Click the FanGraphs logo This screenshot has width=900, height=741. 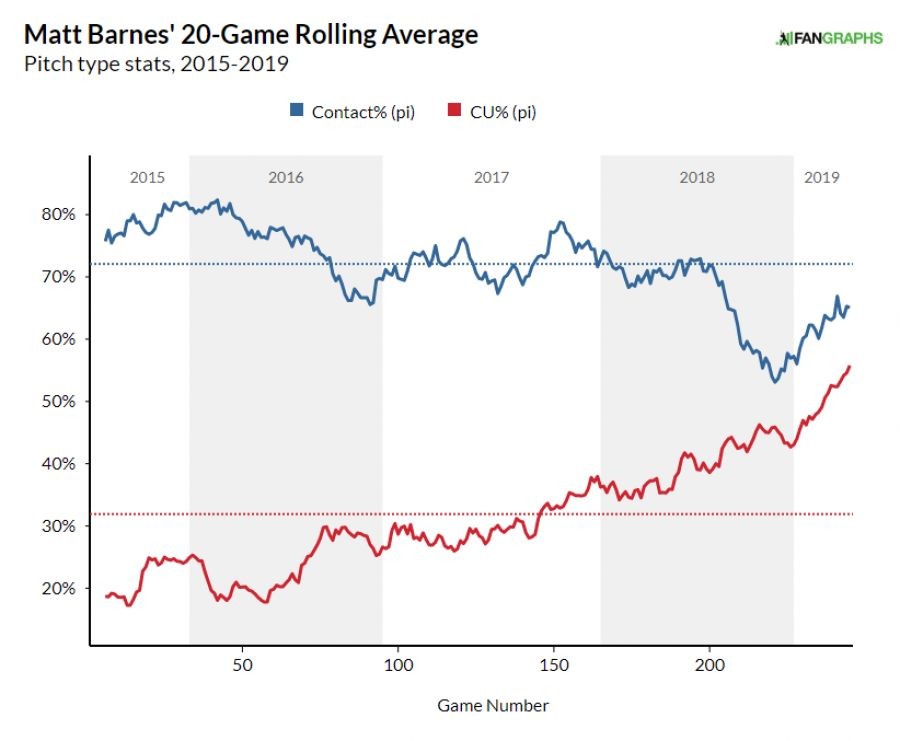pos(829,38)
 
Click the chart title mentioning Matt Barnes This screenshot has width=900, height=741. pos(251,35)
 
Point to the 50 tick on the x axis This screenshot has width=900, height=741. pos(243,664)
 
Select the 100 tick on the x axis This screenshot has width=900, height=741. pos(399,664)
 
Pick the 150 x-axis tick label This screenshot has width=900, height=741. pos(554,664)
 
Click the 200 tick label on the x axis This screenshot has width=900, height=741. pos(710,664)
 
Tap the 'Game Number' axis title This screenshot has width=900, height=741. pos(493,705)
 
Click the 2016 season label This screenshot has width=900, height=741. pos(286,178)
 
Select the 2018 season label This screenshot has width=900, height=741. pos(697,178)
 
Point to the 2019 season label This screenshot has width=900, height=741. pos(822,178)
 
